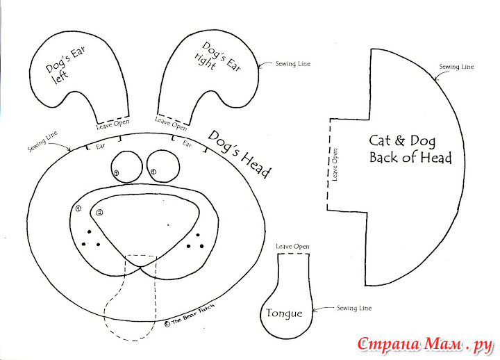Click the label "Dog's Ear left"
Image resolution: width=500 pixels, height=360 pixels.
coord(65,65)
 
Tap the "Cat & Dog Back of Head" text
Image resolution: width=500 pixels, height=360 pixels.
coord(410,149)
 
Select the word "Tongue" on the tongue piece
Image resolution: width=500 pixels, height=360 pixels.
coord(284,313)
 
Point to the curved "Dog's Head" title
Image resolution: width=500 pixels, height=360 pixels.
coord(239,153)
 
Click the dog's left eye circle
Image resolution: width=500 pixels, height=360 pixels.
coord(126,167)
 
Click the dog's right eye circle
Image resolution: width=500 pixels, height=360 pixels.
coord(163,166)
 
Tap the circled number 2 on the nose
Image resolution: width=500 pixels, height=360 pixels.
coord(99,212)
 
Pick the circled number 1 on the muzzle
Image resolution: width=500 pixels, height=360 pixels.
coord(78,208)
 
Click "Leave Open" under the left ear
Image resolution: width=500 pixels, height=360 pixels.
coord(113,124)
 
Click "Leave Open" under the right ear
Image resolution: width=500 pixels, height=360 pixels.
coord(171,124)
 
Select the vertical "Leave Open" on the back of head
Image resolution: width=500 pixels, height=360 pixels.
coord(335,164)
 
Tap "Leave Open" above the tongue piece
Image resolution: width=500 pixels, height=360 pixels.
coord(292,247)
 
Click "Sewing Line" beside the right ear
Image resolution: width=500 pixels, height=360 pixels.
coord(293,64)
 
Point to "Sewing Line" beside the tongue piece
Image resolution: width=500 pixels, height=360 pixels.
coord(354,309)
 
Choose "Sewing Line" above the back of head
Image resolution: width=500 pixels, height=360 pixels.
coord(456,67)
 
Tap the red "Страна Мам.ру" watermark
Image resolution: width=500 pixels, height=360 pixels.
coord(426,345)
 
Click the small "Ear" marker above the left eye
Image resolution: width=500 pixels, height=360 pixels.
coord(101,146)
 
